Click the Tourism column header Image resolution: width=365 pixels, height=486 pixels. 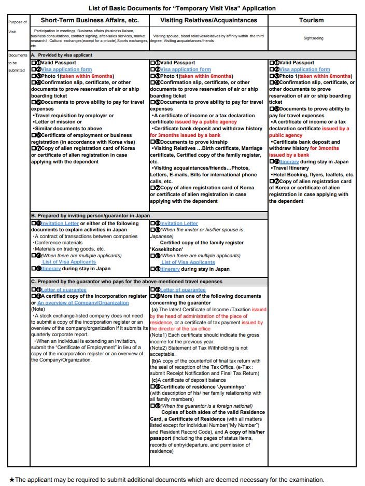click(311, 20)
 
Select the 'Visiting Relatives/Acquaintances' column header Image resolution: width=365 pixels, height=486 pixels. click(208, 20)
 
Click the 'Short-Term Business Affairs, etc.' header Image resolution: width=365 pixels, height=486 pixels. click(89, 20)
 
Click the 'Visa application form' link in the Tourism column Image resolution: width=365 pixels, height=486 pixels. click(304, 70)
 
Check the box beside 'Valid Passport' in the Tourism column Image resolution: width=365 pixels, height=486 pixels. click(271, 63)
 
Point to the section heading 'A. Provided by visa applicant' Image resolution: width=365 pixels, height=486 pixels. click(62, 54)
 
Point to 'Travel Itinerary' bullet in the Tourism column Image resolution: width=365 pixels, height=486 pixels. click(291, 168)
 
